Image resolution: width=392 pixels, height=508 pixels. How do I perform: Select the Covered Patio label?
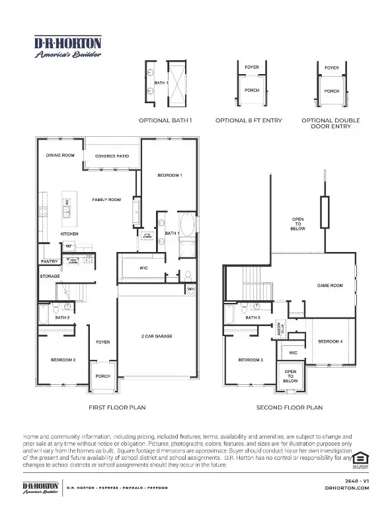point(111,156)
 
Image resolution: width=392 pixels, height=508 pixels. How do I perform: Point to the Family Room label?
point(106,199)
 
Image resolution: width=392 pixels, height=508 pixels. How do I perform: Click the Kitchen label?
point(70,234)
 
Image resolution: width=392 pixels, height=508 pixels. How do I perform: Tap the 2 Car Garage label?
point(157,337)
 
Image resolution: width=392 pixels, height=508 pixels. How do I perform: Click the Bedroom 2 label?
point(63,360)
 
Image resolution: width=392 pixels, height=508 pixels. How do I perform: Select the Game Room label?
point(330,285)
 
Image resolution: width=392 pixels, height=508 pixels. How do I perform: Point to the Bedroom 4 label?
point(330,341)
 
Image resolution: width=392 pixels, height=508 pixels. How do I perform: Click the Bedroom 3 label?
point(251,360)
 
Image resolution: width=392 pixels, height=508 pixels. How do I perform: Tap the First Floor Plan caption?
point(116,408)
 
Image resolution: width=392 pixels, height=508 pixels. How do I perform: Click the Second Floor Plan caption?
point(290,408)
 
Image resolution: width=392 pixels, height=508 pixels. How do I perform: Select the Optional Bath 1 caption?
point(165,120)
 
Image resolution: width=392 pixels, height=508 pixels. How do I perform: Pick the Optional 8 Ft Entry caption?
point(249,120)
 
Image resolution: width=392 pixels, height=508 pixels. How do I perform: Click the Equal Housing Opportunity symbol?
point(360,458)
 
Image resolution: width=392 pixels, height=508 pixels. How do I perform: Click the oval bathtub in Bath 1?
point(187,226)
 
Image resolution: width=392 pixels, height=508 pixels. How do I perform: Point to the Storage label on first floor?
point(50,276)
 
